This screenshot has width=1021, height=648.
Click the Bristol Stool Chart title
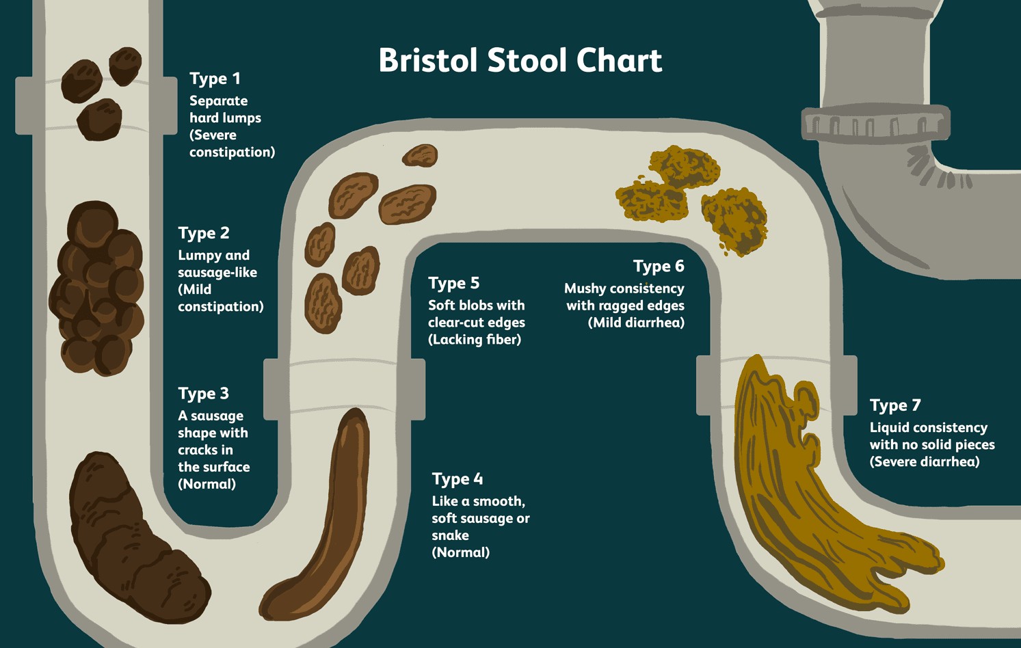[520, 60]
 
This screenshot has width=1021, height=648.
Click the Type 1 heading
[215, 79]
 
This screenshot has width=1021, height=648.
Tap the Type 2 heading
[204, 233]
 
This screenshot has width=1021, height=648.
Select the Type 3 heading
[204, 394]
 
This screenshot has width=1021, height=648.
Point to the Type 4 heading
[458, 478]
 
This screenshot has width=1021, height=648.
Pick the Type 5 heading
[453, 283]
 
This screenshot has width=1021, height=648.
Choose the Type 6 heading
[658, 266]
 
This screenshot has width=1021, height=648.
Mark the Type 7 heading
[895, 405]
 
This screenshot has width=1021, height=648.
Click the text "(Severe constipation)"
[232, 144]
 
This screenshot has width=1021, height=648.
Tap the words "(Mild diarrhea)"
[636, 323]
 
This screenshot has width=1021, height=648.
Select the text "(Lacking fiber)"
[475, 340]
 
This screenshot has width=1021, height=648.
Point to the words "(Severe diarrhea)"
[925, 462]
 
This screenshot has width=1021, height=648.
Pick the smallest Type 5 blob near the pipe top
[420, 156]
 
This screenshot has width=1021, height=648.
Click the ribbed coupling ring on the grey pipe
[875, 124]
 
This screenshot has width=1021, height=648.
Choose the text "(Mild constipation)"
[220, 298]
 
